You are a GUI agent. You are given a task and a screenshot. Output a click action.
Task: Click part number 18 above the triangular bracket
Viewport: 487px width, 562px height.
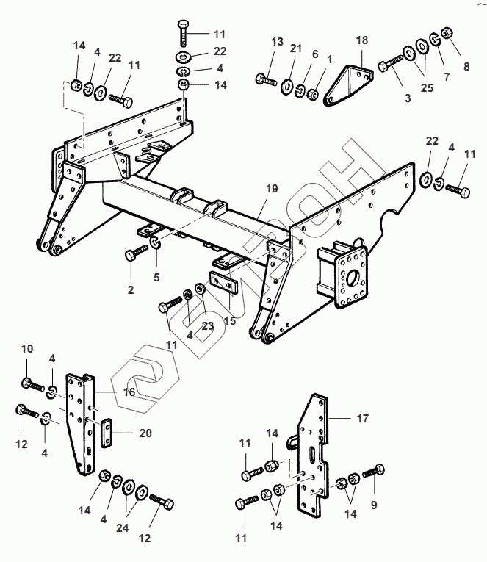[x=361, y=40]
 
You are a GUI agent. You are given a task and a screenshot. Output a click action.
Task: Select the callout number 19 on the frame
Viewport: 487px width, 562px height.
[x=272, y=189]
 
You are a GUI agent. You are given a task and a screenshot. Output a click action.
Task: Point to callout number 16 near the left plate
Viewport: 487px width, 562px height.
[x=129, y=392]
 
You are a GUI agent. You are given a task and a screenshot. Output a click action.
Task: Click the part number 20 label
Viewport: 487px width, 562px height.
[x=145, y=433]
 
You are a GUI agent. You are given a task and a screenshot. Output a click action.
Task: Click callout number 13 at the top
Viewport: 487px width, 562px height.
[x=277, y=41]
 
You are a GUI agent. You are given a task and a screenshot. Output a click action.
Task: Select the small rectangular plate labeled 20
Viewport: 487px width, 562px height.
[x=107, y=433]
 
